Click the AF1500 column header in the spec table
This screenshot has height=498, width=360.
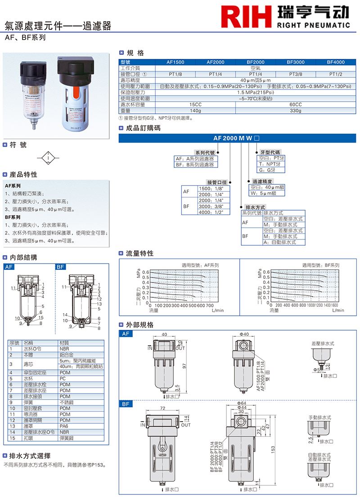click(x=175, y=62)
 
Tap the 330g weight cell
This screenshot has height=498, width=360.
click(x=295, y=110)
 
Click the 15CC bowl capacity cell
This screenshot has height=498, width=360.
click(x=195, y=104)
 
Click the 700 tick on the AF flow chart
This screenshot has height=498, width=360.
click(x=210, y=306)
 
